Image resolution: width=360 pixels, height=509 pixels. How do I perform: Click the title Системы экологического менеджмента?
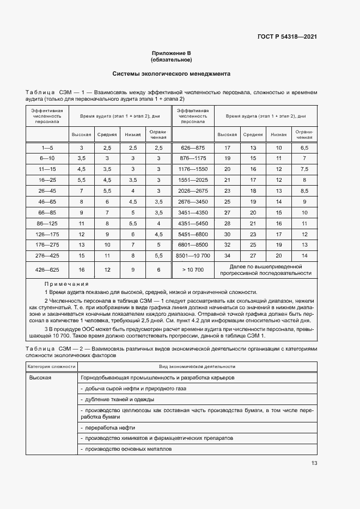[171, 73]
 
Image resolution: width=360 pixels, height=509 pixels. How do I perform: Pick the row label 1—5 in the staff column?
[47, 148]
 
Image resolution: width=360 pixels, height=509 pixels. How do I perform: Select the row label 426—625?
[47, 270]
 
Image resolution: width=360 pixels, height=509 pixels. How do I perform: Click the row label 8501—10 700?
[193, 255]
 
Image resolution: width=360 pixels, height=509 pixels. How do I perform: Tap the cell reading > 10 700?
[193, 270]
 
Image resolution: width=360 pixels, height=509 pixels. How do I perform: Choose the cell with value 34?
[227, 255]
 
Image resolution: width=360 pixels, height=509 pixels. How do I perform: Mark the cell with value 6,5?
[304, 148]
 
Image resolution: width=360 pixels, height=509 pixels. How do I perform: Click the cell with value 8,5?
[304, 191]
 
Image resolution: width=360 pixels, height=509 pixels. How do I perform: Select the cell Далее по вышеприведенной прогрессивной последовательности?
[265, 270]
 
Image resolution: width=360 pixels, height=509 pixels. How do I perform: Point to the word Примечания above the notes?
[66, 284]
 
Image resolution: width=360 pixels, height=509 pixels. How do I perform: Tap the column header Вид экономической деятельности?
[197, 367]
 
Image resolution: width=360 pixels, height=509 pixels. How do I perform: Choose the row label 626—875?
[193, 148]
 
